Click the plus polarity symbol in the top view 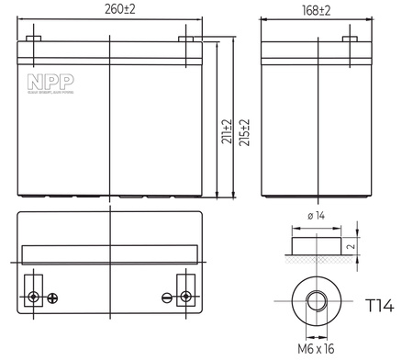52,298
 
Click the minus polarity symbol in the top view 167,298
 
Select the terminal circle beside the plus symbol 34,297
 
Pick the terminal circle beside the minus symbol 186,297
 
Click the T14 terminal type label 380,304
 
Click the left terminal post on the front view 33,39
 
